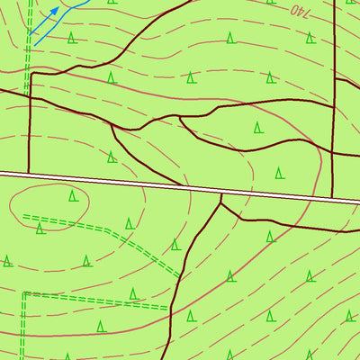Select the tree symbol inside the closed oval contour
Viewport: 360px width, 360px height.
[73, 195]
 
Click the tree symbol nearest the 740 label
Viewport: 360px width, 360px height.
[310, 38]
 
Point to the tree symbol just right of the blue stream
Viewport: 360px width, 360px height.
[71, 37]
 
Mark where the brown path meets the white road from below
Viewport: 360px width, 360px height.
[221, 194]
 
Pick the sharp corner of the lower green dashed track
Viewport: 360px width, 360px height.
[24, 293]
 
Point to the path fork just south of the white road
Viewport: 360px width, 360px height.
[220, 203]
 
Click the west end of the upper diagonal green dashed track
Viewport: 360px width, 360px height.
[24, 216]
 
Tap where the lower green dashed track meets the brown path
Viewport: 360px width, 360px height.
[168, 308]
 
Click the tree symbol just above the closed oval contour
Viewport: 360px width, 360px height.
[111, 157]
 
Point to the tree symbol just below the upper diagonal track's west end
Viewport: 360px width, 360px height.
[40, 229]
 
